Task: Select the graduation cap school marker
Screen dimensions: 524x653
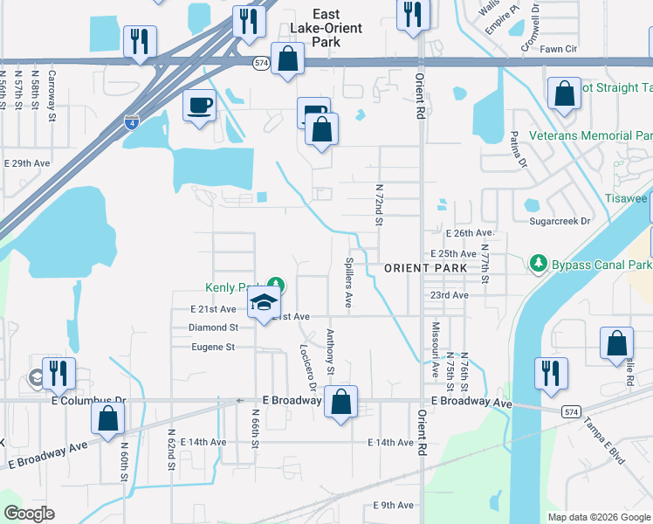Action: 264,304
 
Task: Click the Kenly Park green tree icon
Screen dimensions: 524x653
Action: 276,284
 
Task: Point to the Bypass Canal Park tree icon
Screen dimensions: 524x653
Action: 539,263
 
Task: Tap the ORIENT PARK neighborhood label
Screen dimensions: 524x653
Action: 416,269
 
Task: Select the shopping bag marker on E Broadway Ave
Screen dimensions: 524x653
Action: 341,403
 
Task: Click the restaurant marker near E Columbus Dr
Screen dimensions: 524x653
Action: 58,373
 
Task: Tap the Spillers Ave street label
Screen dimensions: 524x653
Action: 347,282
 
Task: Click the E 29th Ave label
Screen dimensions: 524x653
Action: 28,163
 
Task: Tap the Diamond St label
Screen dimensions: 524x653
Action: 213,327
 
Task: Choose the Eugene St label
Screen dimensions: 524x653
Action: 213,347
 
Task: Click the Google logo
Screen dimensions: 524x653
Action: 30,514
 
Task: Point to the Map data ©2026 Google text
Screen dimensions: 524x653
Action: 598,517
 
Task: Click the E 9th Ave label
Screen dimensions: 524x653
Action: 393,506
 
